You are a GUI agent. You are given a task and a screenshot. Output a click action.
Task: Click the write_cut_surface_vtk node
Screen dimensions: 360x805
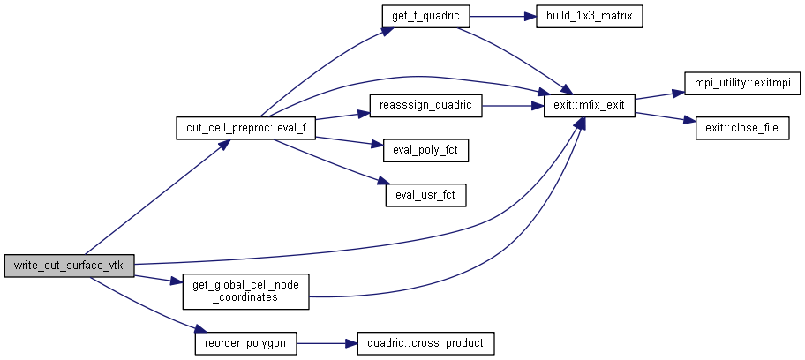(x=69, y=266)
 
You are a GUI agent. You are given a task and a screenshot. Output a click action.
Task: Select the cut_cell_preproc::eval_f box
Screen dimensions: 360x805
(x=246, y=127)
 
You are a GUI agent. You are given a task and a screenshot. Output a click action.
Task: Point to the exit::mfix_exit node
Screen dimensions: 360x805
(x=590, y=105)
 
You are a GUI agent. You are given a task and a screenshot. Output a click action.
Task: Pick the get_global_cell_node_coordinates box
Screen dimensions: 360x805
(x=245, y=290)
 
